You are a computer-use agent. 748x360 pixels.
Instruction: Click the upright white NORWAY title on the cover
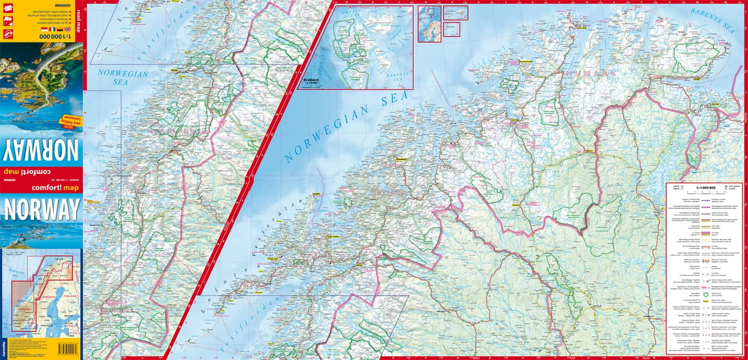pyautogui.click(x=42, y=209)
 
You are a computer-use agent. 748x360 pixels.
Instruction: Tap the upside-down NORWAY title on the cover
pyautogui.click(x=42, y=150)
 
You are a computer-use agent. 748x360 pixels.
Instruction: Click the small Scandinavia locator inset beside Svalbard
pyautogui.click(x=429, y=24)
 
